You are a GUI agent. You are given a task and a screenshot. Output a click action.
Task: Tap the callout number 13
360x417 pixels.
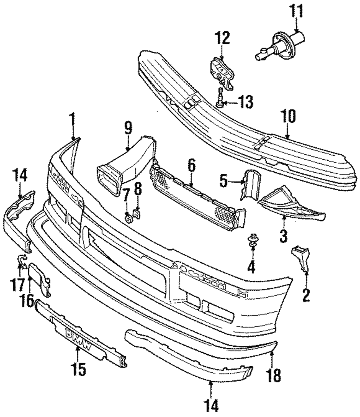point(245,102)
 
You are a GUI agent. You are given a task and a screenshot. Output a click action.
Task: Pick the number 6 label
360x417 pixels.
point(191,167)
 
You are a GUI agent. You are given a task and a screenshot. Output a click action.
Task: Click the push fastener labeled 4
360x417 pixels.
point(252,241)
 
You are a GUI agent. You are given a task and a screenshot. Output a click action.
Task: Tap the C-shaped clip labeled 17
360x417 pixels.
point(22,261)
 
